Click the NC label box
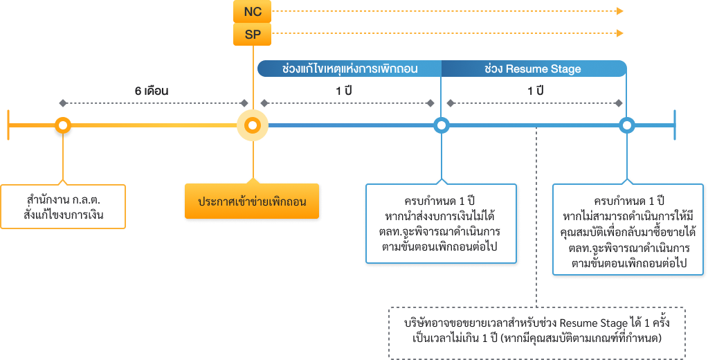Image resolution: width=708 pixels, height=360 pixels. [x=253, y=12]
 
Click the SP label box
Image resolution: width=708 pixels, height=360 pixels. [x=253, y=34]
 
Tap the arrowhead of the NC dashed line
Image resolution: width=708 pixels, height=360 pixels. [x=620, y=11]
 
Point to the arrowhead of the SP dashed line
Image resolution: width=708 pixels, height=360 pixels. [x=620, y=33]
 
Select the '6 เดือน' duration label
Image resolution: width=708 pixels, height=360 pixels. [x=152, y=91]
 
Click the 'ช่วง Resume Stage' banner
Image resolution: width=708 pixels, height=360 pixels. [x=533, y=69]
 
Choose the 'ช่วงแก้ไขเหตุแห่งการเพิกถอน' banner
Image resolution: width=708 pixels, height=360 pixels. [x=350, y=69]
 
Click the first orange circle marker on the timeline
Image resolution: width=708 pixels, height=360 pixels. [x=63, y=125]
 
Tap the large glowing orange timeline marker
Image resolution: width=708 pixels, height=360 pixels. [x=253, y=125]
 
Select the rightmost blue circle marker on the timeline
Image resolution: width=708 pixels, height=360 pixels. [x=626, y=125]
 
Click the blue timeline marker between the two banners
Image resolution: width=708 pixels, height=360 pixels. [x=441, y=125]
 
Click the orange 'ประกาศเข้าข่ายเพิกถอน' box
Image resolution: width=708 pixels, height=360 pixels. [x=252, y=201]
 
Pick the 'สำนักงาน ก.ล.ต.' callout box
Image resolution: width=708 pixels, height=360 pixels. [x=63, y=206]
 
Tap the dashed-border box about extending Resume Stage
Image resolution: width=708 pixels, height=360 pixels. [x=536, y=332]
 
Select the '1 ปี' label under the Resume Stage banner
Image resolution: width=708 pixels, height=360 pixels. [x=535, y=91]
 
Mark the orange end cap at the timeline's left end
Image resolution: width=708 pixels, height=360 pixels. [x=8, y=125]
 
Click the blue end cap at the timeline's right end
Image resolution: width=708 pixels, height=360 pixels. [x=675, y=125]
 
